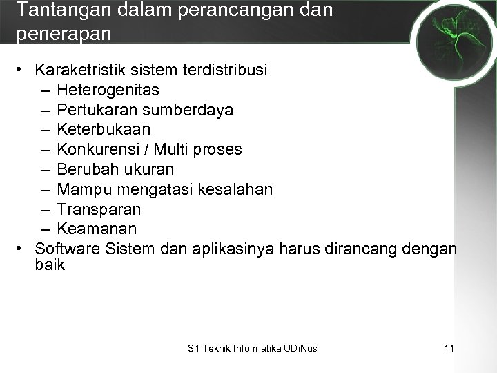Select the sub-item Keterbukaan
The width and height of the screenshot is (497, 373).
coord(104,129)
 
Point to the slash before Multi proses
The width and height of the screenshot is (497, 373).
coord(148,149)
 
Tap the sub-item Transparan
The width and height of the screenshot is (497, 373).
coord(99,209)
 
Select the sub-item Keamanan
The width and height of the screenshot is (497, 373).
coord(97,228)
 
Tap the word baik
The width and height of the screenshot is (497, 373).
coord(49,264)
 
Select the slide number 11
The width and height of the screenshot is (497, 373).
coord(449,349)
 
